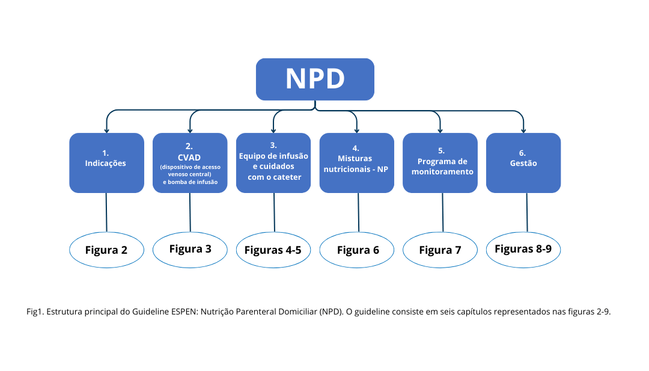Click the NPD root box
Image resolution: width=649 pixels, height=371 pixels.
315,79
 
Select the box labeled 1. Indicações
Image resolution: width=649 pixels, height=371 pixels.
106,162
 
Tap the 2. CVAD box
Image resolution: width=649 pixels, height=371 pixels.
190,162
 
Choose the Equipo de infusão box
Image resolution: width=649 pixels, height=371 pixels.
273,162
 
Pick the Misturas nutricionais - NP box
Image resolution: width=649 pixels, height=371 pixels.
356,162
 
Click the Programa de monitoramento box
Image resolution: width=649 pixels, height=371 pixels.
440,162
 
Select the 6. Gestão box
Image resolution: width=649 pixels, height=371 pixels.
523,162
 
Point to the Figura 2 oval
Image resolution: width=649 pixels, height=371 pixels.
106,250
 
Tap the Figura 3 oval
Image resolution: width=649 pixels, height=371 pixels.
190,249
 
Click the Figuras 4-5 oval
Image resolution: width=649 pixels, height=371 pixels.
273,250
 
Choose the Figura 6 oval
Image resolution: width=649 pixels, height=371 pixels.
357,250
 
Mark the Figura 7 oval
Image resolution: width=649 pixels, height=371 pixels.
440,250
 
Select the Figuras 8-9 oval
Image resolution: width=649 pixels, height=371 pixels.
523,249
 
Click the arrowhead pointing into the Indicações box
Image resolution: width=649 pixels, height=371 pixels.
106,129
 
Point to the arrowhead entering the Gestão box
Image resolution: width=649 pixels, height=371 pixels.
523,129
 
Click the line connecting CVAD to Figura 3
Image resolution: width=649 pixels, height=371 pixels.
190,212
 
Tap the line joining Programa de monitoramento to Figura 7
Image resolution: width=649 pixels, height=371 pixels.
442,212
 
